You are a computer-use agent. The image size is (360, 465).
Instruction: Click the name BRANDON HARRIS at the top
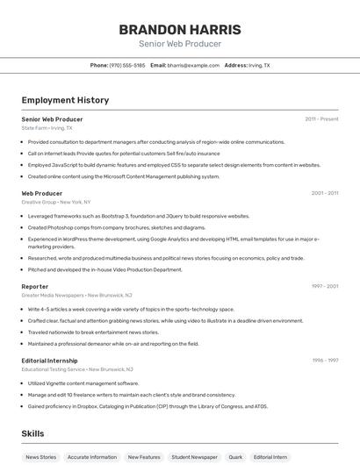[x=180, y=29]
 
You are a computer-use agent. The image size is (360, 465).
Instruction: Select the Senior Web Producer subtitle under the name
[x=180, y=44]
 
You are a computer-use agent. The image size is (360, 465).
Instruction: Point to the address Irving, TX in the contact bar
[x=259, y=65]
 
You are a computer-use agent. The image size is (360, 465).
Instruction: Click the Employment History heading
[x=65, y=100]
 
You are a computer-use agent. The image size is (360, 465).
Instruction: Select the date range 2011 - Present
[x=321, y=118]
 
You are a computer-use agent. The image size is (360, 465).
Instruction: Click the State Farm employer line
[x=47, y=128]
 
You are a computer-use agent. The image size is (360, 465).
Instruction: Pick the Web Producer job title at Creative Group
[x=42, y=193]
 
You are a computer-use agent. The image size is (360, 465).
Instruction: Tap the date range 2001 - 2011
[x=324, y=193]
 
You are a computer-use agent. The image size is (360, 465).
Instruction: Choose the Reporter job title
[x=35, y=286]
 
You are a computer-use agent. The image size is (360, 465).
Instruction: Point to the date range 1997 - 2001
[x=324, y=286]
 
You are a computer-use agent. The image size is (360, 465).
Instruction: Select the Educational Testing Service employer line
[x=77, y=369]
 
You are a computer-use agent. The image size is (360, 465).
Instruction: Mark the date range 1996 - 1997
[x=324, y=360]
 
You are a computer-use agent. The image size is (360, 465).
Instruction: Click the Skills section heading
[x=32, y=433]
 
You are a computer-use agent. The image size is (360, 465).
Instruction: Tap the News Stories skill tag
[x=40, y=457]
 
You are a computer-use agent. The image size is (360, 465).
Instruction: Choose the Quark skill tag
[x=235, y=457]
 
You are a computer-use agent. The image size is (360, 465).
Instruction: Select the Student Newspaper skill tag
[x=194, y=457]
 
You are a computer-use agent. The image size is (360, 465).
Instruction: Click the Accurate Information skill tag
[x=91, y=457]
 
